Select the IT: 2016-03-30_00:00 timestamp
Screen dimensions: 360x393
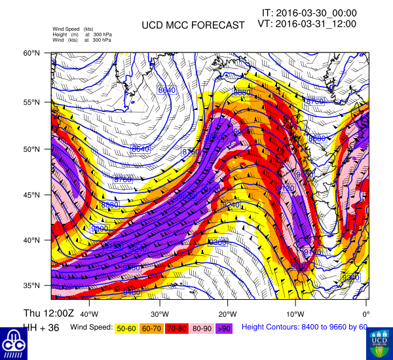(x=309, y=12)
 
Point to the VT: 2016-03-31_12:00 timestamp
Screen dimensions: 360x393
(x=307, y=24)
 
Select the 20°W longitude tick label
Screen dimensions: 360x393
(x=227, y=305)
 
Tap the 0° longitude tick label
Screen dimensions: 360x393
(x=366, y=305)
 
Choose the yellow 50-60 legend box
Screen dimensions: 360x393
(x=127, y=327)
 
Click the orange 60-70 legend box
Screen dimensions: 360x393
(x=152, y=327)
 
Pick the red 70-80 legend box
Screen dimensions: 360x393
(x=178, y=327)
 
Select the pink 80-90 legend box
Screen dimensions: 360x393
(x=202, y=327)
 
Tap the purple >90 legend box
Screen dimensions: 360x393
(x=225, y=327)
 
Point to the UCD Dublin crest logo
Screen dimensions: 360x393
(x=379, y=342)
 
